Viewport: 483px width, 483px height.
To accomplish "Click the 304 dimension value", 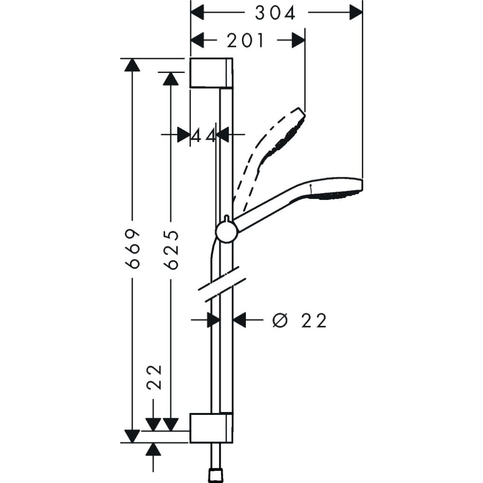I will coord(275,13).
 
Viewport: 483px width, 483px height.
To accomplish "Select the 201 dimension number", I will coord(246,41).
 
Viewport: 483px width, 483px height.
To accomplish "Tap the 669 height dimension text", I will coord(132,249).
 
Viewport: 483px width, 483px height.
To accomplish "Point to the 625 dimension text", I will coord(171,249).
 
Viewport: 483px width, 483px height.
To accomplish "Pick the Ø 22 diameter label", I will coord(299,320).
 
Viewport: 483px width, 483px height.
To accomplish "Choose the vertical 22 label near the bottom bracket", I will coord(154,377).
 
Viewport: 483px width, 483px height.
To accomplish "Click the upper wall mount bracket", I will coord(212,73).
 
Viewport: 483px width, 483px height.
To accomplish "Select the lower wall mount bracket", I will coord(212,427).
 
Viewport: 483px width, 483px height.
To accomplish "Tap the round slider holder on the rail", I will coord(227,231).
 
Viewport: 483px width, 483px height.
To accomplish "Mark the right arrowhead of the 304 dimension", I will coord(356,13).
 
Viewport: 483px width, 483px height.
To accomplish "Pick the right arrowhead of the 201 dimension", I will coord(298,41).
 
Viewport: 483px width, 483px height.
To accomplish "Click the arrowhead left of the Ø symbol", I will coord(240,320).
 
